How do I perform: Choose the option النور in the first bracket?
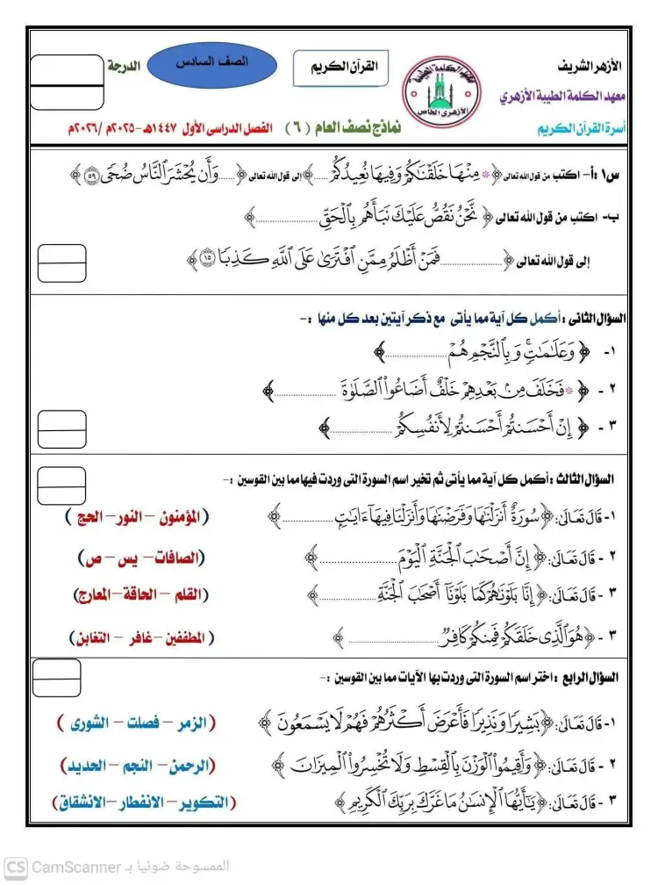pyautogui.click(x=139, y=516)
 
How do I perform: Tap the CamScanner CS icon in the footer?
pyautogui.click(x=16, y=867)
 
